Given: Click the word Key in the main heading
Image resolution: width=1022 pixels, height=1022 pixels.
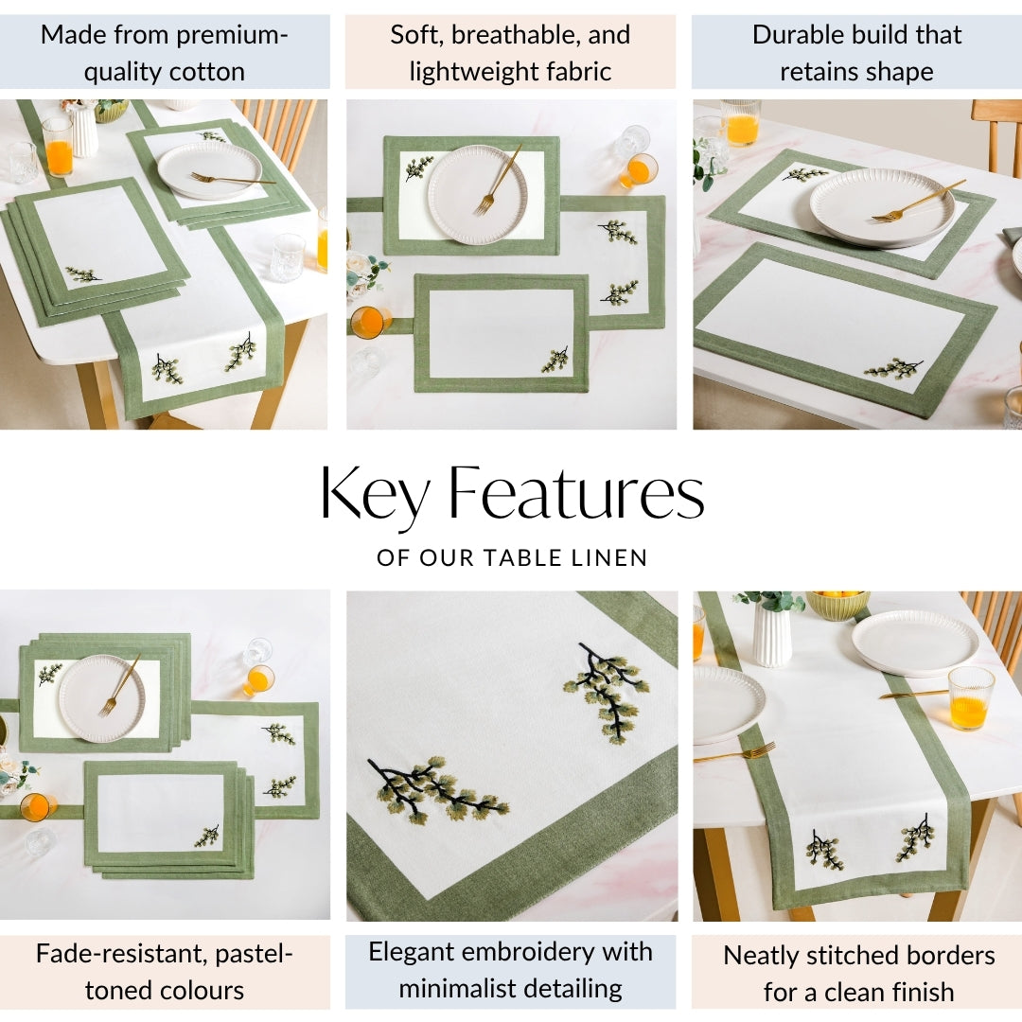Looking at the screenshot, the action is point(375,493).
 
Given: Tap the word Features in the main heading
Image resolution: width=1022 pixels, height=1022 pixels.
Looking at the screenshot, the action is point(577,492).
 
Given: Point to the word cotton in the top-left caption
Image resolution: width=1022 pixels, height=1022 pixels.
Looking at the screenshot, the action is point(206,72).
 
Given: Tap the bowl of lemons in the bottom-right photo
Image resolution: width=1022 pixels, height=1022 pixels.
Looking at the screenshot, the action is point(837,604).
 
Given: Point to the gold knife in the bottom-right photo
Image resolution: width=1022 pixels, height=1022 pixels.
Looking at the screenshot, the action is point(913,695).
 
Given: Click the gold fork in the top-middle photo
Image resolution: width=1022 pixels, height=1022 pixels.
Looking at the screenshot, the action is point(498,180).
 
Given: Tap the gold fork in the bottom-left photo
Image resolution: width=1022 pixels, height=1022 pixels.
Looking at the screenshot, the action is point(119,685).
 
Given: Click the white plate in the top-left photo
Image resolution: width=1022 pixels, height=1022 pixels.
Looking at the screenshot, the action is point(209,170).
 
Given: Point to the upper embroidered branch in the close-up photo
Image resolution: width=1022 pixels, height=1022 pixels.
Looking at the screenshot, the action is point(607,692).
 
